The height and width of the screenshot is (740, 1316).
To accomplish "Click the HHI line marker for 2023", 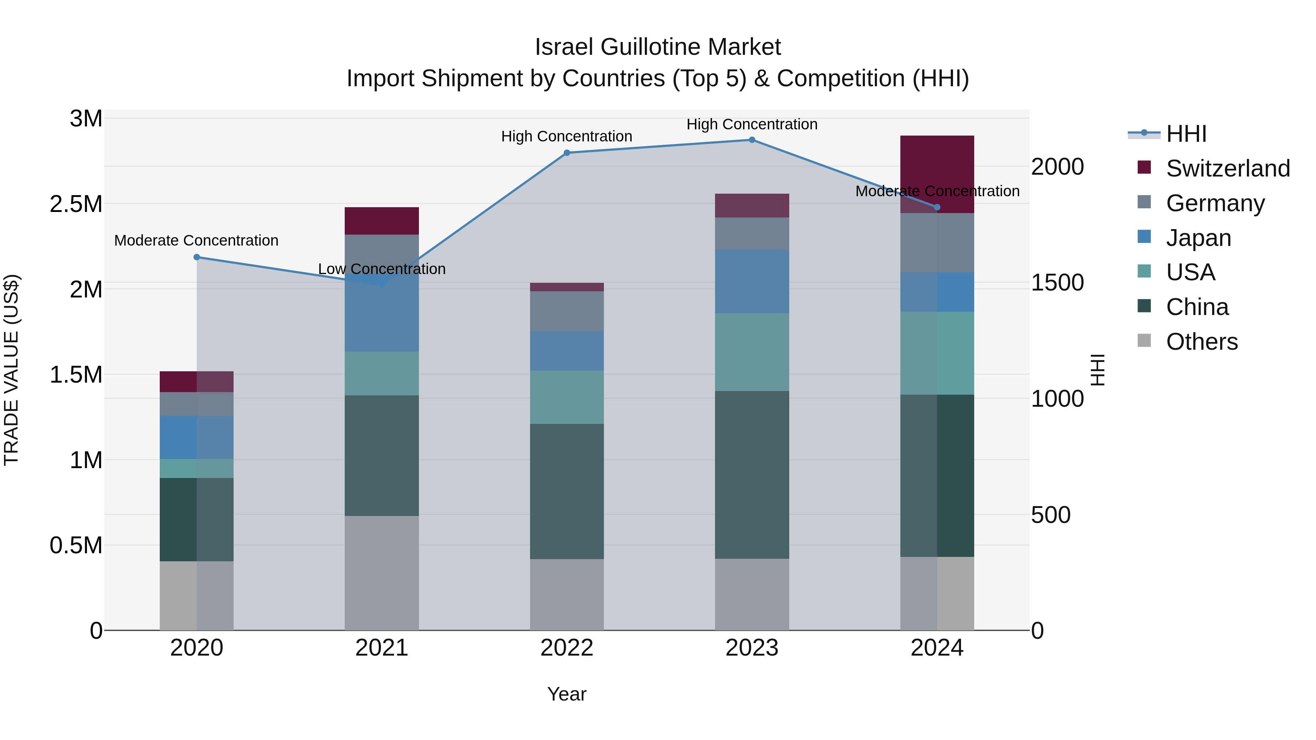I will pyautogui.click(x=752, y=140).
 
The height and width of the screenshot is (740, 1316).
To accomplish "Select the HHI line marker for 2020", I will pyautogui.click(x=197, y=257).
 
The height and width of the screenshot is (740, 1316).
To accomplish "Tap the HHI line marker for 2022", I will pyautogui.click(x=567, y=153).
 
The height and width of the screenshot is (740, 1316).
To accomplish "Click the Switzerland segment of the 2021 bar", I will pyautogui.click(x=382, y=221).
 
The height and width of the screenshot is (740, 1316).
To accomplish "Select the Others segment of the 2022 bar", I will pyautogui.click(x=567, y=595).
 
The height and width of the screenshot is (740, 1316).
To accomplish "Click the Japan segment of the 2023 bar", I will pyautogui.click(x=752, y=281).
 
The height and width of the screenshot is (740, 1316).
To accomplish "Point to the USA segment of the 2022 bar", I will pyautogui.click(x=567, y=397).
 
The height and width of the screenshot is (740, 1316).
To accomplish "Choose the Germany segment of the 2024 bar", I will pyautogui.click(x=937, y=243).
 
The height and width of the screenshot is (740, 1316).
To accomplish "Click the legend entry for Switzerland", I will pyautogui.click(x=1227, y=168).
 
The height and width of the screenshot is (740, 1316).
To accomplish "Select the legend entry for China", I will pyautogui.click(x=1196, y=307).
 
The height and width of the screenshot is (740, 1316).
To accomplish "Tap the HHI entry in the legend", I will pyautogui.click(x=1185, y=134).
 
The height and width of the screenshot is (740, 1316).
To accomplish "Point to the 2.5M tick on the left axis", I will pyautogui.click(x=76, y=204).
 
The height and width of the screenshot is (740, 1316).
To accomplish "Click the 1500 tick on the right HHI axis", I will pyautogui.click(x=1057, y=283).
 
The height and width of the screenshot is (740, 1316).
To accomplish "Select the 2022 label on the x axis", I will pyautogui.click(x=567, y=648).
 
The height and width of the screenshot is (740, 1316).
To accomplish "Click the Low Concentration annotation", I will pyautogui.click(x=382, y=269).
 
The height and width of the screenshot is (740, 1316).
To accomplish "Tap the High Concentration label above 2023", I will pyautogui.click(x=752, y=124).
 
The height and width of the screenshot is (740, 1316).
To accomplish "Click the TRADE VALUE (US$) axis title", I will pyautogui.click(x=12, y=370).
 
